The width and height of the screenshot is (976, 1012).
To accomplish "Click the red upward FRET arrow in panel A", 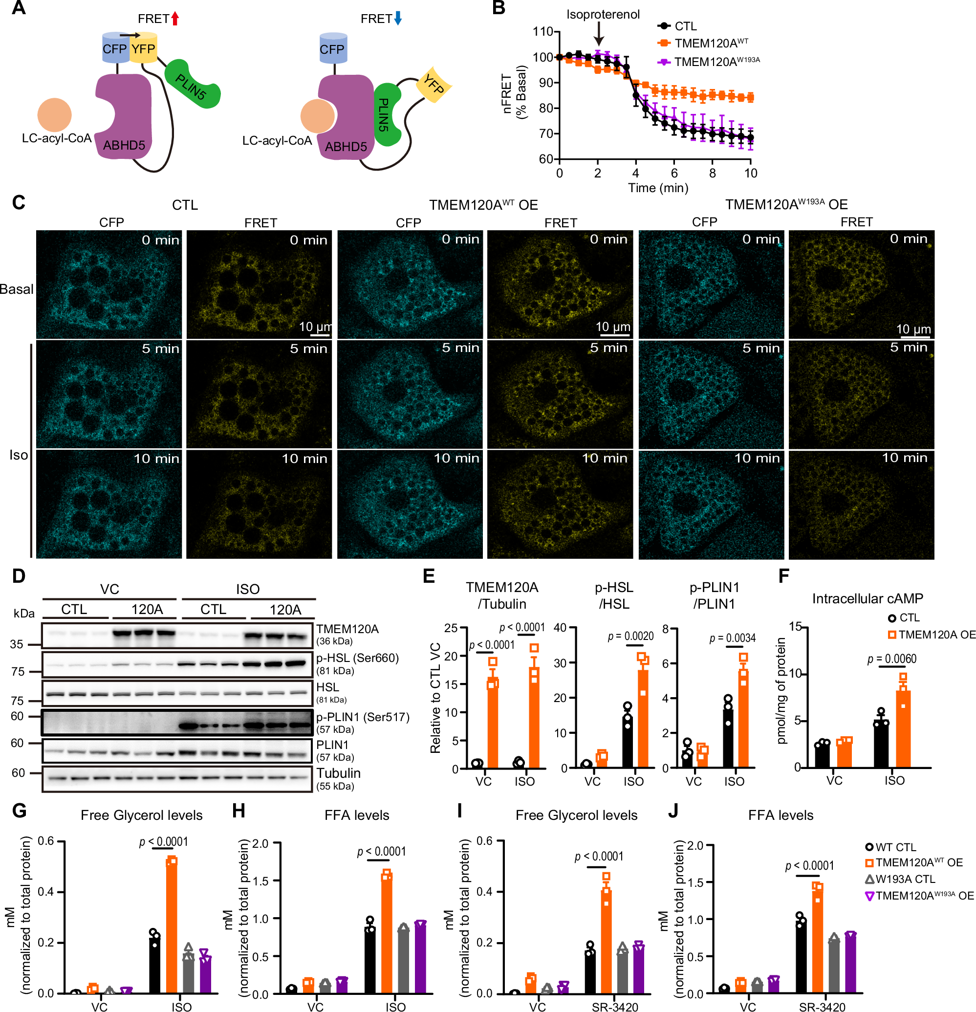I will (x=175, y=19).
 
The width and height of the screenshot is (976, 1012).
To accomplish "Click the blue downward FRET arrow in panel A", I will (x=398, y=19).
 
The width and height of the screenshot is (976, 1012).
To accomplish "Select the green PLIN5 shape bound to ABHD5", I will (x=386, y=114).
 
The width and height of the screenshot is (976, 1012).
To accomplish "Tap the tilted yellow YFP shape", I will (x=434, y=84).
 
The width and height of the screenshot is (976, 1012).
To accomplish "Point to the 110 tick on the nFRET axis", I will (x=543, y=32).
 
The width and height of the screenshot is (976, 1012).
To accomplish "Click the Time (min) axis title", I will (x=658, y=187).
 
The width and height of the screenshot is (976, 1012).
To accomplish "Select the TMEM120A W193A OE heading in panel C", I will (x=786, y=204).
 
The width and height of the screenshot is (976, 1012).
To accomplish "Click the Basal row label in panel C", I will (x=17, y=289).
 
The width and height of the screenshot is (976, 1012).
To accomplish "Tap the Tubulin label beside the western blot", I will (x=339, y=773).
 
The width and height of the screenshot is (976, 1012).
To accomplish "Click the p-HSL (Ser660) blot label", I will (x=358, y=658).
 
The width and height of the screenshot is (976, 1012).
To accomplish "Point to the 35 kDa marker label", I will (x=17, y=644).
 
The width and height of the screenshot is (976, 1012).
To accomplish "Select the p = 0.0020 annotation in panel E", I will (x=630, y=636).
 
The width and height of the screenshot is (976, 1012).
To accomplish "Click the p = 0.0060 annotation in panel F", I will (x=892, y=659).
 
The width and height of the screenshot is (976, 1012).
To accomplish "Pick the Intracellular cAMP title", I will (x=867, y=598).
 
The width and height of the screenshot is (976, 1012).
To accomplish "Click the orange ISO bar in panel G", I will (x=172, y=927).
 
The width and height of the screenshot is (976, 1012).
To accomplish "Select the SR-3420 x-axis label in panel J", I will (x=822, y=1006).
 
